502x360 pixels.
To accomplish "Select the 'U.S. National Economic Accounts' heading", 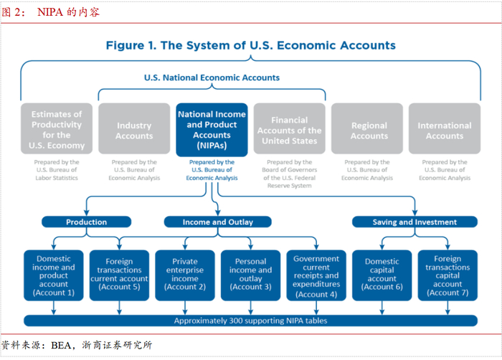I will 212,77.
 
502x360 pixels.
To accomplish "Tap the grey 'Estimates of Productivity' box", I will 57,130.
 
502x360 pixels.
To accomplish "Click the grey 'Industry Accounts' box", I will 134,130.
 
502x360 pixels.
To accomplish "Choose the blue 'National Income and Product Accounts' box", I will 212,130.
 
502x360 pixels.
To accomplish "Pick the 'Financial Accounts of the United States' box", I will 289,130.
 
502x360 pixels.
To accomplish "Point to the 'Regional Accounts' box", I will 369,130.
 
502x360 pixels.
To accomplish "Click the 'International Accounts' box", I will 445,130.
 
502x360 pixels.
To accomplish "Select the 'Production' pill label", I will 86,222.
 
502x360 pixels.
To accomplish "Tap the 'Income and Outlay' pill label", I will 217,222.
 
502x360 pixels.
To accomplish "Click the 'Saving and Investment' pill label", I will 415,222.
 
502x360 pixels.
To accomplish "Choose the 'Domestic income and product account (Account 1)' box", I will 55,275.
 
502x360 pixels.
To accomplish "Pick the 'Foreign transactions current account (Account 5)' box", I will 119,275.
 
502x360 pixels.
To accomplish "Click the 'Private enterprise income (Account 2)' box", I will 184,275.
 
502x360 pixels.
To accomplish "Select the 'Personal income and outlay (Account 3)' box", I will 250,275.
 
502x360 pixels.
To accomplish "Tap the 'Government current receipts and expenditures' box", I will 316,275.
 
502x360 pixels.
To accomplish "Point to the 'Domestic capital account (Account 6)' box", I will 382,275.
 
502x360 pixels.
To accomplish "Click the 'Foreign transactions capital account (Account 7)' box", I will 447,275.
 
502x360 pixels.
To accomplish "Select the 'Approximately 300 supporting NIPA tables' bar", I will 250,321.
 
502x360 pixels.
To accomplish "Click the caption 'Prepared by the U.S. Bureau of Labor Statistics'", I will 56,171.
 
